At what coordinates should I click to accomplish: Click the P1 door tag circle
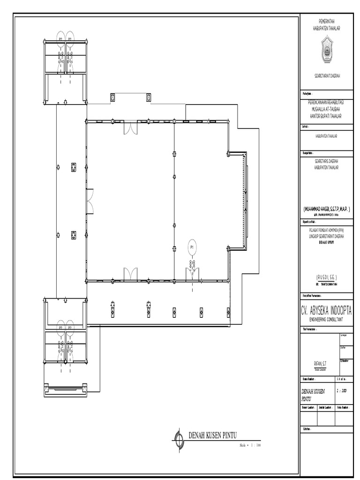coord(192,247)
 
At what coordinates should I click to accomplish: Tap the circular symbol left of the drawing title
coord(179,438)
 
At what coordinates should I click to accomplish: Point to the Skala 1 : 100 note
coord(249,445)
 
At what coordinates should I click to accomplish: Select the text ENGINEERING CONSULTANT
coord(326,319)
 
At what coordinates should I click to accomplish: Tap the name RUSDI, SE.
coord(326,277)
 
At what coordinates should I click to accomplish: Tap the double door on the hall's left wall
coord(90,201)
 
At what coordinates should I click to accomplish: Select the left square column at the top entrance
coord(112,97)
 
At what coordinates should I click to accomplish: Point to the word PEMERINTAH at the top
coord(326,22)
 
